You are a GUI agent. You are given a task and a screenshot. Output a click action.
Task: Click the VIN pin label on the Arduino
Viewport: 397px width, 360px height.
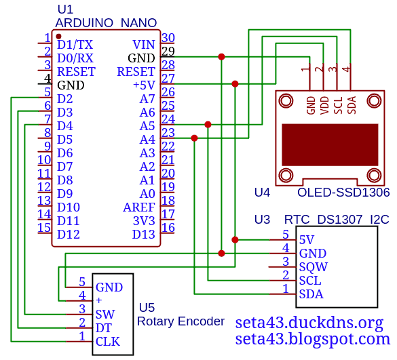click(x=144, y=45)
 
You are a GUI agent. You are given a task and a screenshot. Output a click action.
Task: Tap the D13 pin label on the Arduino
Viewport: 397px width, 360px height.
click(x=144, y=235)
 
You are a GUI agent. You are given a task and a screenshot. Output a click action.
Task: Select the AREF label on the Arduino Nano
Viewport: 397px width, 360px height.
click(x=139, y=207)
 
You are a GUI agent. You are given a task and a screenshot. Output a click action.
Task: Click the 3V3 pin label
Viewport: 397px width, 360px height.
click(x=144, y=221)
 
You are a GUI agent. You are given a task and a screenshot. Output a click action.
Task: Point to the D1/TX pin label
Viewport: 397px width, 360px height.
click(x=75, y=45)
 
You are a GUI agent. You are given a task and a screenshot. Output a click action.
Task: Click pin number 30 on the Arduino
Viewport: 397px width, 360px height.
click(x=168, y=38)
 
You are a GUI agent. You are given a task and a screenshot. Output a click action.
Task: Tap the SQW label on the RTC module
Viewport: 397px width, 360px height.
click(x=314, y=267)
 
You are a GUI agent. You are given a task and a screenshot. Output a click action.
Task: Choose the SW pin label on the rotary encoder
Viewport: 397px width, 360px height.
click(x=105, y=315)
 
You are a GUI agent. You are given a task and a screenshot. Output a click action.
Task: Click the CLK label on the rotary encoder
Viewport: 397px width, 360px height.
click(x=108, y=342)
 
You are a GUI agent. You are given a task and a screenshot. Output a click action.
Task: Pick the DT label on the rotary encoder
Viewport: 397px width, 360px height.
click(x=104, y=328)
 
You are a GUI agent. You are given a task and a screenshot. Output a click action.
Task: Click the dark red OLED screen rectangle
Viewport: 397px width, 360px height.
click(x=330, y=144)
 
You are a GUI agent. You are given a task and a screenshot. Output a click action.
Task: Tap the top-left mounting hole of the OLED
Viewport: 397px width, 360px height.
click(x=286, y=101)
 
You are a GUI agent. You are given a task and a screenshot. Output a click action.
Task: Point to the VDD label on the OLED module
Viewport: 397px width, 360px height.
click(x=324, y=106)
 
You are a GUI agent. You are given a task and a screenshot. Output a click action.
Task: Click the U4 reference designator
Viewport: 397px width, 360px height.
click(x=262, y=193)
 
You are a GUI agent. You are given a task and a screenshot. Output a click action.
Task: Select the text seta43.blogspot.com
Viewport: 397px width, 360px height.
click(x=313, y=339)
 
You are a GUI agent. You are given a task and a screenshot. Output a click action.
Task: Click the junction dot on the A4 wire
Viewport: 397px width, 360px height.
click(x=194, y=138)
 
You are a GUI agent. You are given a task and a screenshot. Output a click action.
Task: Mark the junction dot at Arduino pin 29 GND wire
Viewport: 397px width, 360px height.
click(x=221, y=57)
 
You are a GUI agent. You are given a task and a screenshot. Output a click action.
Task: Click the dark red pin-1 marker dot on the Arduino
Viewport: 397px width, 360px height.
click(x=59, y=37)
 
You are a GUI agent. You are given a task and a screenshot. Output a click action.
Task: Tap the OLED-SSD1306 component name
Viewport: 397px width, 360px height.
click(x=343, y=193)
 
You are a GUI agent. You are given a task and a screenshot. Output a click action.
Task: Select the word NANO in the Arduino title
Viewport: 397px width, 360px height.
click(x=138, y=23)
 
